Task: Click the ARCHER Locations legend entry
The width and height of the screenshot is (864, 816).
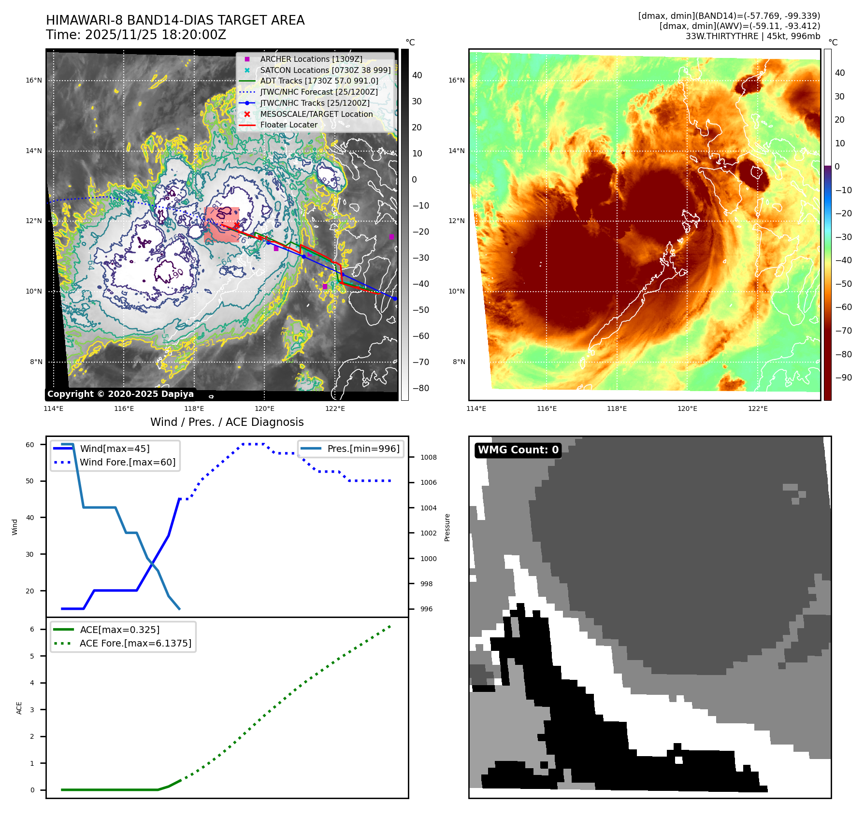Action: (311, 59)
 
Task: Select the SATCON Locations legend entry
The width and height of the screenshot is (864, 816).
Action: (325, 70)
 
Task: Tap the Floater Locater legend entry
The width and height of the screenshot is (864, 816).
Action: (288, 125)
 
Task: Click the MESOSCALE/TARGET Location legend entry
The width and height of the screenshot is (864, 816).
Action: (316, 114)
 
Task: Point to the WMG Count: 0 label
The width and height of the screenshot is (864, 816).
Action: (518, 450)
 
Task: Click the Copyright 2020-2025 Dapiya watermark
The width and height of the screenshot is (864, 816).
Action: (120, 394)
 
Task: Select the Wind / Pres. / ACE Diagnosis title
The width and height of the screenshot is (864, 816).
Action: (227, 422)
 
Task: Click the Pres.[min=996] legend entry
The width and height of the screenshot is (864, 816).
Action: (363, 449)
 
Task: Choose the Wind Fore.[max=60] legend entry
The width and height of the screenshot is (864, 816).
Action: (128, 462)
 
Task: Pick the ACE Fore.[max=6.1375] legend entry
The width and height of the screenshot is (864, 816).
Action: (135, 643)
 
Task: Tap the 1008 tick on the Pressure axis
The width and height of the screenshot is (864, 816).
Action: (428, 457)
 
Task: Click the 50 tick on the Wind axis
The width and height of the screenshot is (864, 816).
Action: (30, 481)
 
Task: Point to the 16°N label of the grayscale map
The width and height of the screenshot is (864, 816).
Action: (34, 80)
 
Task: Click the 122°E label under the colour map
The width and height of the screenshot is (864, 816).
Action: (757, 408)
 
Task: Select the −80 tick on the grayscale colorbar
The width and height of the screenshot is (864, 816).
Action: (420, 388)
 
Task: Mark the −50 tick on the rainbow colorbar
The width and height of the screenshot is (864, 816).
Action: (843, 284)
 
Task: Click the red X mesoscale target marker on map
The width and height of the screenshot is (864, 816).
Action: (236, 226)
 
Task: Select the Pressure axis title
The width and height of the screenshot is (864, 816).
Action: (447, 527)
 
